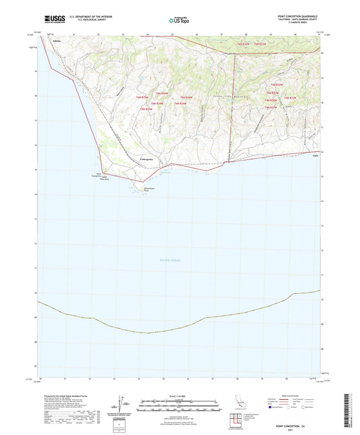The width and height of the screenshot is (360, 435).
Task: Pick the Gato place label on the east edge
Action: pos(315,154)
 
